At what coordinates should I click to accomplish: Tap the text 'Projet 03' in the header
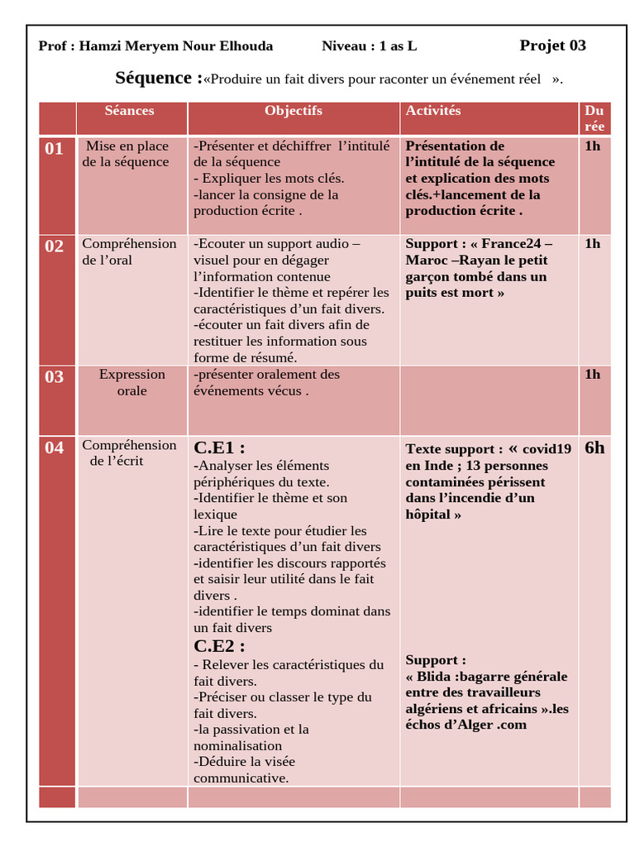coord(552,45)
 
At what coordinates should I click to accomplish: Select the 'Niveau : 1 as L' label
coord(369,46)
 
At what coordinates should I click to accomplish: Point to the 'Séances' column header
coord(129,111)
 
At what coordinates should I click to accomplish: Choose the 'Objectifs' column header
coord(294,111)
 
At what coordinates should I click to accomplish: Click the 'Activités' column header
coord(433,111)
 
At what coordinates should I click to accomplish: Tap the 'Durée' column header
coord(594,118)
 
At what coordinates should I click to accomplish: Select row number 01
coord(55,149)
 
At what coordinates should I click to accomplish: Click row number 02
coord(55,246)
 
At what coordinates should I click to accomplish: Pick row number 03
coord(55,377)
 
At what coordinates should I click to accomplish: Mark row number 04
coord(55,448)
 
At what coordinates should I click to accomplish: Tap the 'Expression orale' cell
coord(132,382)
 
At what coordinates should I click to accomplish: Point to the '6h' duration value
coord(594,448)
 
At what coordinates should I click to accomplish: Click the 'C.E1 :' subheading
coord(219,447)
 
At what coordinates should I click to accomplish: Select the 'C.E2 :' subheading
coord(219,646)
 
